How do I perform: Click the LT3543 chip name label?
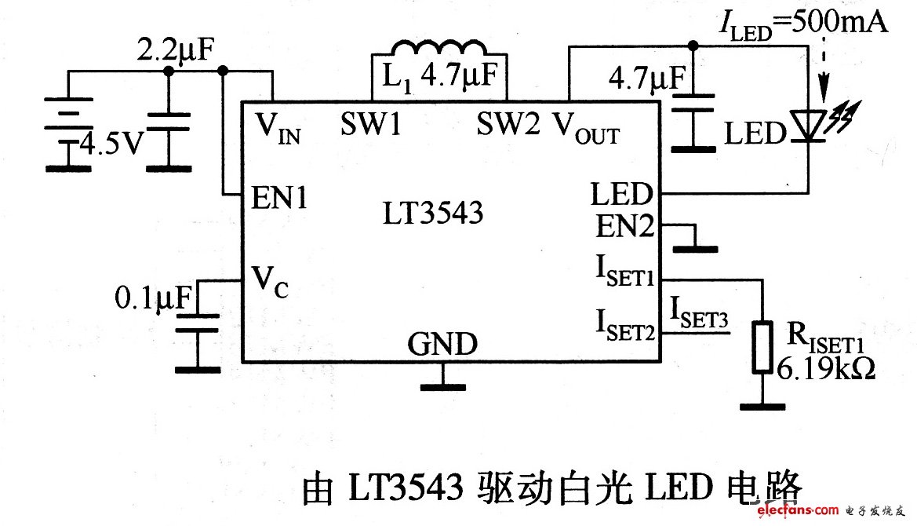click(433, 214)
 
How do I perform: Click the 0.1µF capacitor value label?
click(153, 298)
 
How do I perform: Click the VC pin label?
click(270, 279)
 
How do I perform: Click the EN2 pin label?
click(624, 228)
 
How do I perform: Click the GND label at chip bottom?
click(442, 344)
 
